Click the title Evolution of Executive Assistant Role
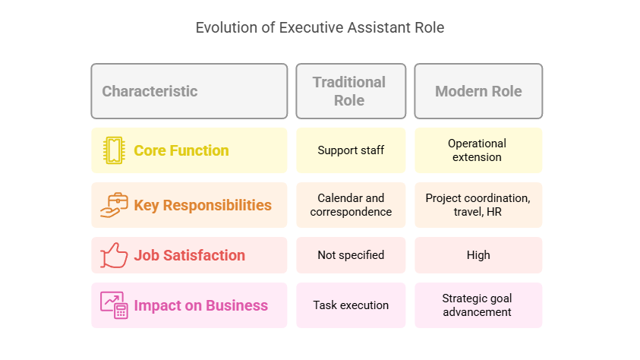[320, 28]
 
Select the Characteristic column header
[189, 91]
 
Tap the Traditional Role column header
[351, 91]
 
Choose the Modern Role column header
[478, 91]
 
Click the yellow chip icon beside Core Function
[114, 150]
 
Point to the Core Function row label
[181, 150]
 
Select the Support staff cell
[351, 150]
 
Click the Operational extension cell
[478, 150]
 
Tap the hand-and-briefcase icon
[114, 205]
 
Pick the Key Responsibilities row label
[203, 205]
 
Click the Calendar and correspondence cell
[351, 205]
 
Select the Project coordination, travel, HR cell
[478, 205]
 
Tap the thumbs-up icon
[114, 255]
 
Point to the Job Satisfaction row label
[189, 255]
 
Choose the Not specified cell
[351, 255]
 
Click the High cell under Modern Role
[478, 255]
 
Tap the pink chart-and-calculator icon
[114, 305]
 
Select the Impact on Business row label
[201, 305]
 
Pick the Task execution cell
[351, 305]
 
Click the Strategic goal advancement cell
[478, 305]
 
